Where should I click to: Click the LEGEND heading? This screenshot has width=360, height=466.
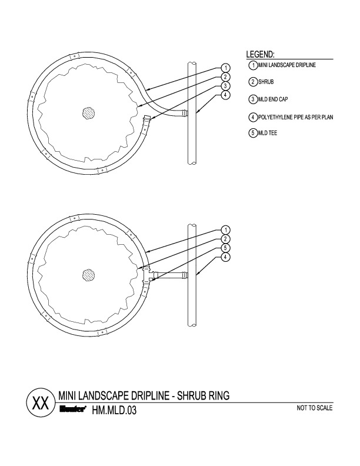click(261, 55)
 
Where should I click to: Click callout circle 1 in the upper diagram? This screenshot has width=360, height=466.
click(226, 68)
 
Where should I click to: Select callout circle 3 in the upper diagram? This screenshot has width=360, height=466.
click(226, 86)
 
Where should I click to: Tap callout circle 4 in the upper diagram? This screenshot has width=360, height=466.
click(226, 95)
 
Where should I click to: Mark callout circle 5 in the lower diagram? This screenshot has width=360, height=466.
click(226, 248)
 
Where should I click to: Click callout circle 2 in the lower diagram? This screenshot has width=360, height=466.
click(226, 239)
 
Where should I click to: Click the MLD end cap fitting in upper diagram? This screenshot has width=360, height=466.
click(146, 124)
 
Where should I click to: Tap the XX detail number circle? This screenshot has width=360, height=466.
click(40, 404)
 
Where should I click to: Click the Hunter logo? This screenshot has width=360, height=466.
click(74, 411)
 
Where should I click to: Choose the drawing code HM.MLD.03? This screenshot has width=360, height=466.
click(114, 411)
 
